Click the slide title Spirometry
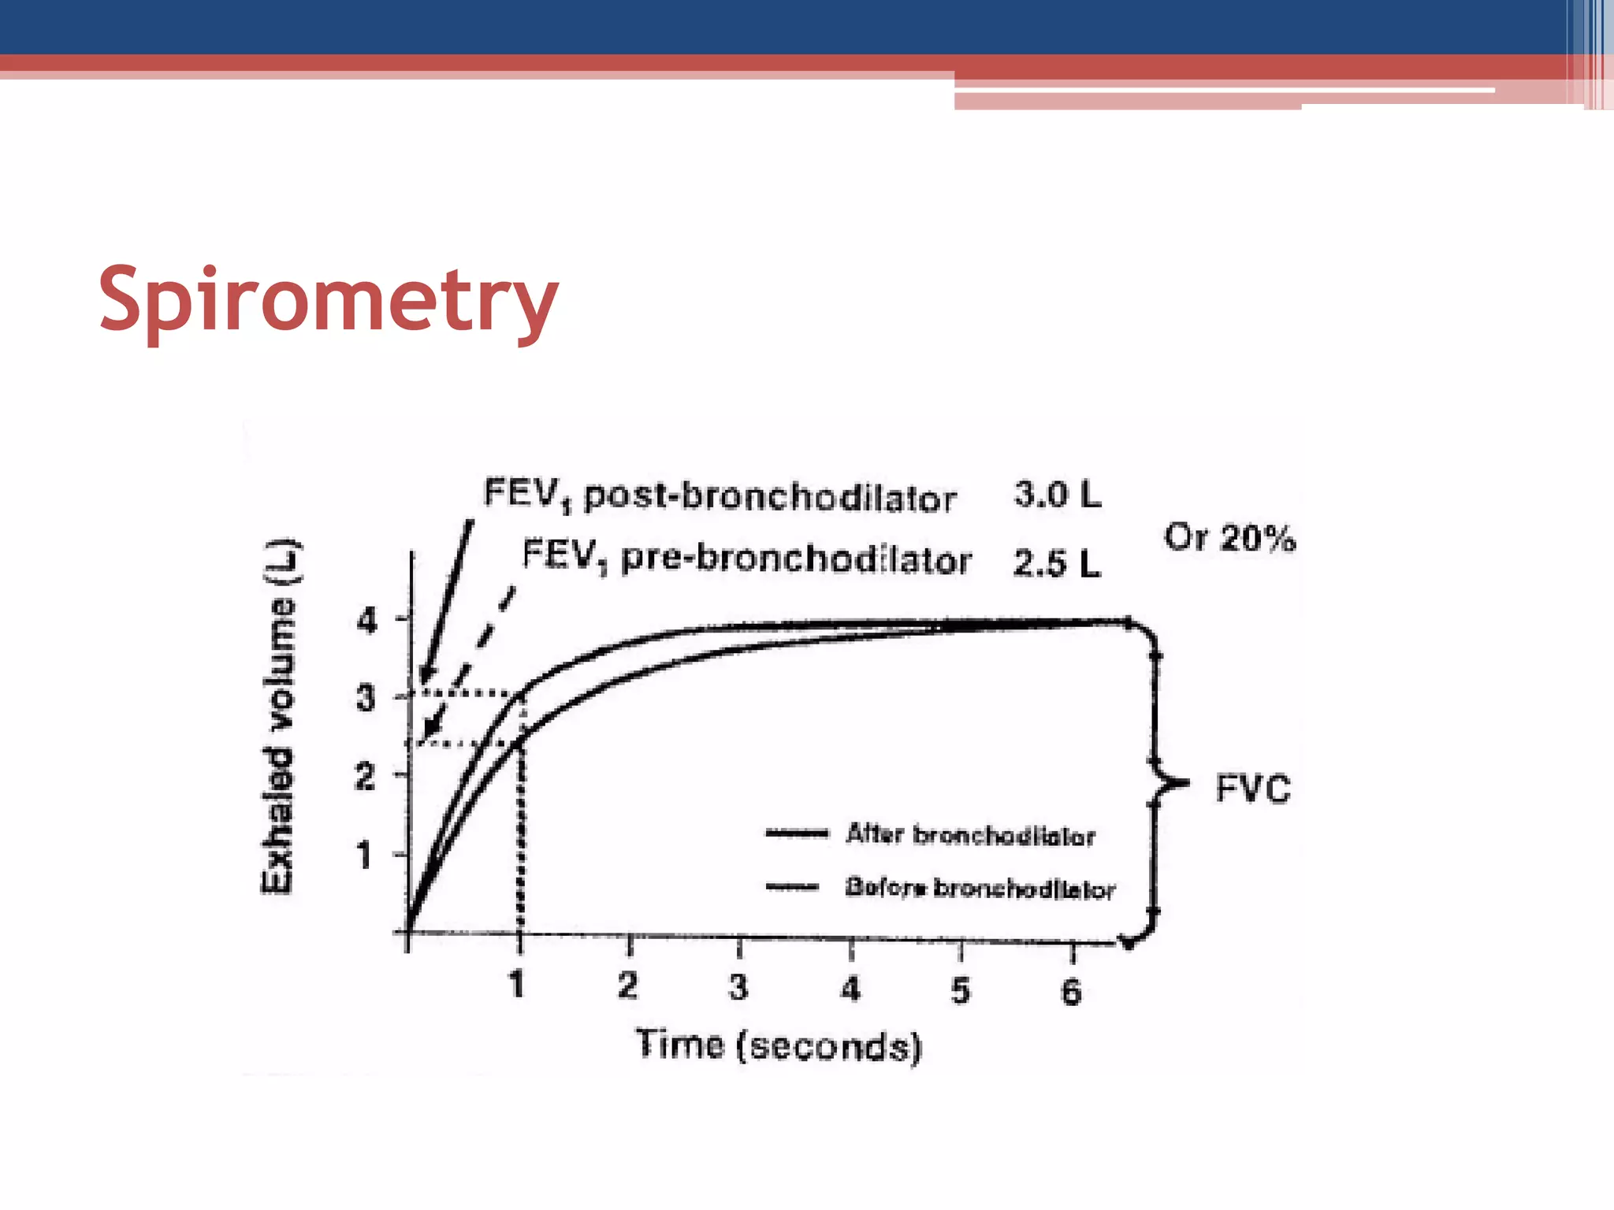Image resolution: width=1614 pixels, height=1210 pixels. coord(328,299)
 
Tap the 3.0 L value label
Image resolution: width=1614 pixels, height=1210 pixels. coord(1057,495)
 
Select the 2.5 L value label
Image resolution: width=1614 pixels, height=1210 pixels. coord(1056,562)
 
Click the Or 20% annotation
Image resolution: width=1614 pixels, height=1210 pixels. coord(1229,538)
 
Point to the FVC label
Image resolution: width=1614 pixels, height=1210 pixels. coord(1253,789)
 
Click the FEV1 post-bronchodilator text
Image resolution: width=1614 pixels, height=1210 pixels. coord(720,496)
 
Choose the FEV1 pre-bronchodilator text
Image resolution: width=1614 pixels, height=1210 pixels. coord(746,559)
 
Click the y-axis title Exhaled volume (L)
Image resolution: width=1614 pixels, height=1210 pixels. coord(281,717)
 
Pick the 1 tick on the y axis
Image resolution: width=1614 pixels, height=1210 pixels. coord(363,855)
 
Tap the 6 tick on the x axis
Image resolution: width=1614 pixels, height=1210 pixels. coord(1071,991)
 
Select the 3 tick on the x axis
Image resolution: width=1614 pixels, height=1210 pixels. coord(738,987)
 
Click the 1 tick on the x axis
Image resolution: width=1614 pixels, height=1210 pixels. coord(516,984)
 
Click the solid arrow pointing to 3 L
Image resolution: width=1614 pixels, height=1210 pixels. coord(446,603)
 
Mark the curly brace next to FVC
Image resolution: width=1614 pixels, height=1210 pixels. coord(1158,783)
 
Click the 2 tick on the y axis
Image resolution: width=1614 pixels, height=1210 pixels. coord(364,777)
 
